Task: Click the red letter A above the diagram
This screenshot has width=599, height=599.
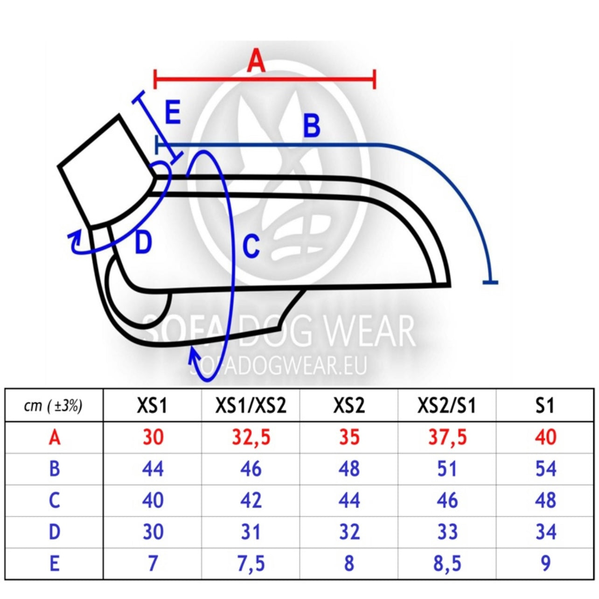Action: pos(256,61)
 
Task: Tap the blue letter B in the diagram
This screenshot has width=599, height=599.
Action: pos(312,125)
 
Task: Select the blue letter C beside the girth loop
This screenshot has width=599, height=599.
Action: pos(251,246)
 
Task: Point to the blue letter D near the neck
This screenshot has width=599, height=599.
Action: pos(143,243)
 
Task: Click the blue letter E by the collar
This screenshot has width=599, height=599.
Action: pos(173,112)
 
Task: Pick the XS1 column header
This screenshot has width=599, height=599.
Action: pos(152,405)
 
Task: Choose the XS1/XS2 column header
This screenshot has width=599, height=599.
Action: pos(251,405)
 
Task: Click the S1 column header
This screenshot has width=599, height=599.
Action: pos(545,405)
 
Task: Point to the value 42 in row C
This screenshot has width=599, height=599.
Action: pos(251,500)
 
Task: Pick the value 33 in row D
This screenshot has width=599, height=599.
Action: pos(447,532)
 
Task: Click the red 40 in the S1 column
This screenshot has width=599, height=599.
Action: pos(545,437)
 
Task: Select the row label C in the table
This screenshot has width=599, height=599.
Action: pos(55,500)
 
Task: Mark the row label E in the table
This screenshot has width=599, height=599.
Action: pos(55,564)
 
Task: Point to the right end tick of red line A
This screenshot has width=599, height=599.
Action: pos(375,79)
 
